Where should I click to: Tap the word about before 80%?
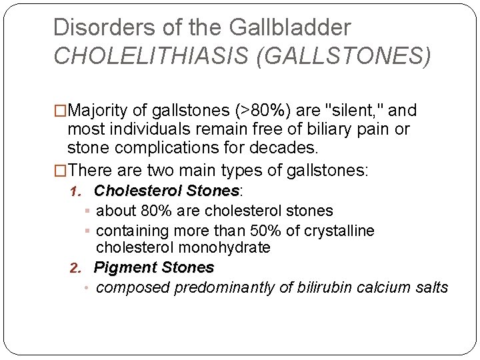[x=115, y=211]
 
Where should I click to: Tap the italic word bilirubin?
[x=322, y=287]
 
